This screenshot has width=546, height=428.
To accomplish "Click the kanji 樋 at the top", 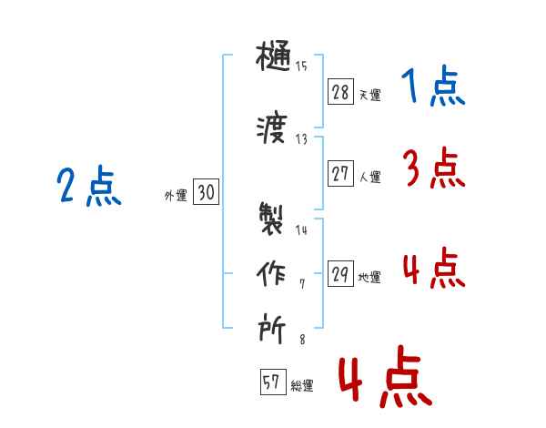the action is coord(273,56).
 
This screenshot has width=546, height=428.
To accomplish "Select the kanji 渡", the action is coord(271,127).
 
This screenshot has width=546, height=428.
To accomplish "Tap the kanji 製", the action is coord(271,219).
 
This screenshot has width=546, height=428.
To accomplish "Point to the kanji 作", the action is coord(271,273).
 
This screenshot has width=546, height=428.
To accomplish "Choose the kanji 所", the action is coord(271,328).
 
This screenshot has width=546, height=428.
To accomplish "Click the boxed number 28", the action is coord(340,92).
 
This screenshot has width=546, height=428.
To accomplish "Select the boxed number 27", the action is coord(340,173).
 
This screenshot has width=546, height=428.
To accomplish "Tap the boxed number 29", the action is coord(340,273).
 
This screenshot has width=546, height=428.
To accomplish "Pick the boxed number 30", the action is coord(207,191).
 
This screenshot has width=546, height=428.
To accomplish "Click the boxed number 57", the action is coord(273,382).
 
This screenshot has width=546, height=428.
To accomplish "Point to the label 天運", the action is coord(370,95).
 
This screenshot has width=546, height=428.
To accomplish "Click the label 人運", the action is coord(370,177).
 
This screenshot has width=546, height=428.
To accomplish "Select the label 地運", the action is coord(369,278).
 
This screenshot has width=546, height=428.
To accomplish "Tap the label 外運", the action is coord(176,196).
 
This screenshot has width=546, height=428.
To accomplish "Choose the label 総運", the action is coord(302,386).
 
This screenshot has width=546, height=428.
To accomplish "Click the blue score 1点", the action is coord(433,86).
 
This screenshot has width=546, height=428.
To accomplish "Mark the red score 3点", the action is coord(434,168).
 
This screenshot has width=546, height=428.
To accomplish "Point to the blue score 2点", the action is coord(89,185).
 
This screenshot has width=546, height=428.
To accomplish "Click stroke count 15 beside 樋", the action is coord(301,66).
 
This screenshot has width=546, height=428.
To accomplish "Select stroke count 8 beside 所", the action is coord(302,340).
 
